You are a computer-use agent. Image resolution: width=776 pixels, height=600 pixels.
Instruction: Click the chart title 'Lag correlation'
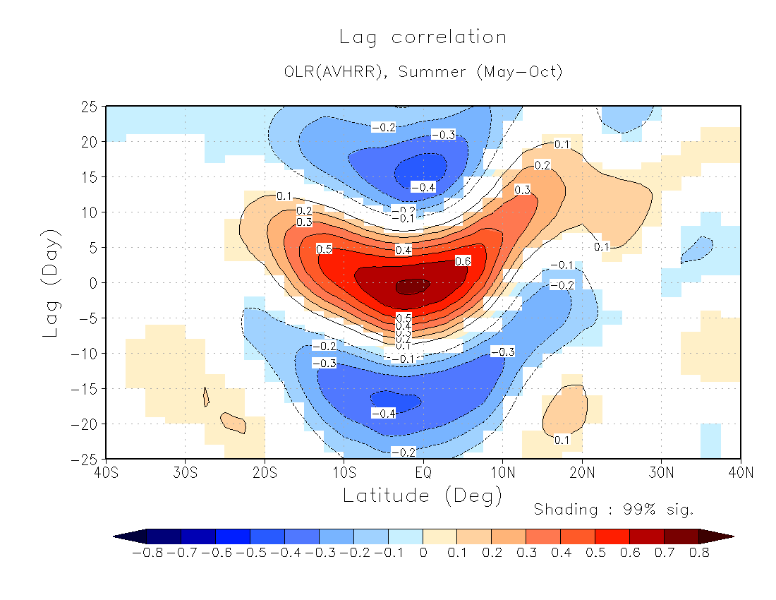423,37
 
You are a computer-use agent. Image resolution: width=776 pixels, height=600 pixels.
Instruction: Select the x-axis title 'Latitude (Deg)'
423,496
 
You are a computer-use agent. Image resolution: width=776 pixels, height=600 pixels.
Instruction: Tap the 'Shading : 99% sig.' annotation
614,510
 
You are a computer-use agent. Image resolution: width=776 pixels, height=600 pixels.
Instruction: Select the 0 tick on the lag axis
92,282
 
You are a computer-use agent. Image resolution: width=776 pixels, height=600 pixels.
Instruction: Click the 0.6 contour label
463,261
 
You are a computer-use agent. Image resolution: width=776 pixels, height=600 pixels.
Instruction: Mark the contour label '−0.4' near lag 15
423,187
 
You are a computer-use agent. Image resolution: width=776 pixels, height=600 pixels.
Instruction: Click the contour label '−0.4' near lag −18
383,413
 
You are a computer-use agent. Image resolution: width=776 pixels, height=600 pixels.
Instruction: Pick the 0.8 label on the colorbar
699,553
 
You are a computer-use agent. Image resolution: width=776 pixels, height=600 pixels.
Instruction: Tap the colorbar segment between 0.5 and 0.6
612,536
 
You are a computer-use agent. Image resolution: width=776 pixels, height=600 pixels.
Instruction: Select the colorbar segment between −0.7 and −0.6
198,536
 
